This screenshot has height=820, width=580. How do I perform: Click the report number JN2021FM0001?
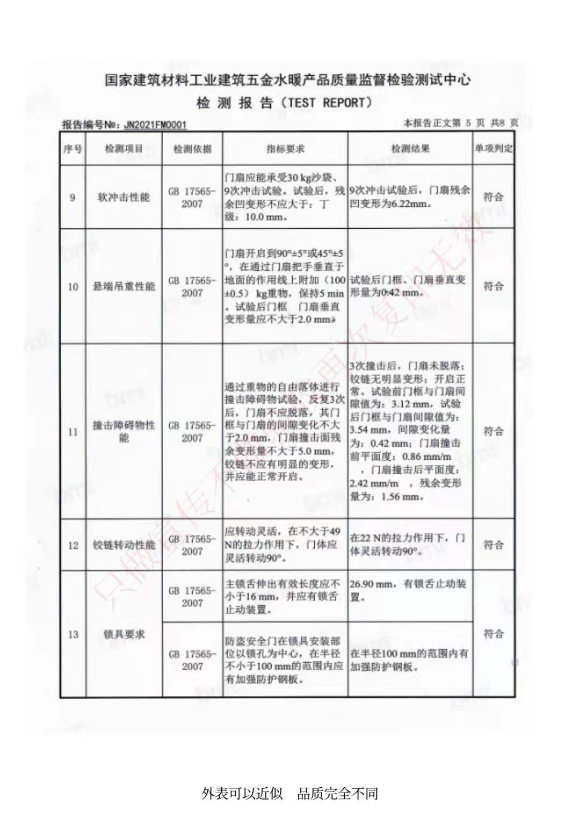click(x=155, y=125)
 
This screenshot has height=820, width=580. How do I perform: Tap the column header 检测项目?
click(x=124, y=149)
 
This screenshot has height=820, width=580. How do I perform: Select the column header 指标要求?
click(x=285, y=149)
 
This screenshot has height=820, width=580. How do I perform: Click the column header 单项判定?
click(x=493, y=149)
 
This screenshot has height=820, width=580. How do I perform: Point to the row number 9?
click(x=73, y=197)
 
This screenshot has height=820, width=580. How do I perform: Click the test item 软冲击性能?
click(x=124, y=197)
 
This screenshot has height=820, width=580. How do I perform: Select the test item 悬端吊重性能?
click(x=124, y=286)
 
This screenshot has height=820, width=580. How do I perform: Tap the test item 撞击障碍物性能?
click(x=124, y=431)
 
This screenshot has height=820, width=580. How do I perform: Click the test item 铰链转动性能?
click(x=124, y=545)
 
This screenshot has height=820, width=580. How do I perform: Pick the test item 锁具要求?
click(x=124, y=634)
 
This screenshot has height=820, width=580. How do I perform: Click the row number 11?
click(x=73, y=431)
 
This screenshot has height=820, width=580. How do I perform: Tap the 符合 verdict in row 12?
click(x=493, y=545)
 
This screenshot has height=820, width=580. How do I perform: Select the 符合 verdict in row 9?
click(x=493, y=197)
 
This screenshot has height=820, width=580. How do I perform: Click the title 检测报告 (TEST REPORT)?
click(x=284, y=103)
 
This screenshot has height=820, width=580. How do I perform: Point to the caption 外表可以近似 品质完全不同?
click(x=290, y=793)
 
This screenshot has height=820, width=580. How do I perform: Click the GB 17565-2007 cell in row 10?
click(x=192, y=287)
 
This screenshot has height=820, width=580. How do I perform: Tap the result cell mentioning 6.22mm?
click(x=410, y=197)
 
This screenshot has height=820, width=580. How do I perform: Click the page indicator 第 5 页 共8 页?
click(x=461, y=124)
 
